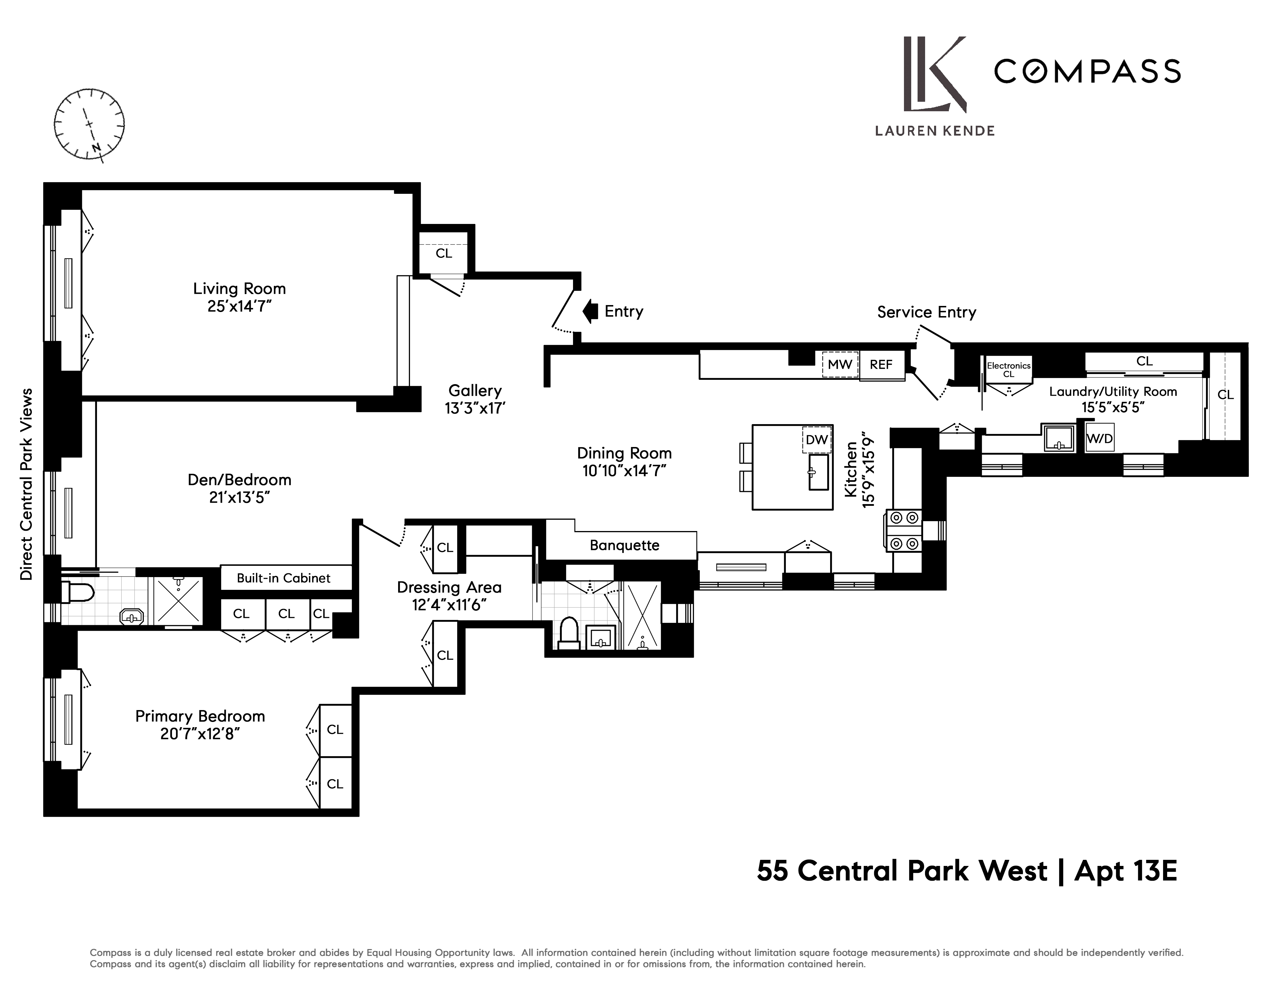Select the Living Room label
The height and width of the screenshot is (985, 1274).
pyautogui.click(x=239, y=289)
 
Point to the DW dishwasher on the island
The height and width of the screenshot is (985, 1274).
pyautogui.click(x=817, y=440)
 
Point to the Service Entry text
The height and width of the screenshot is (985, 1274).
pyautogui.click(x=926, y=312)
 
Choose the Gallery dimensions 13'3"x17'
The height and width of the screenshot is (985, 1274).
pyautogui.click(x=475, y=408)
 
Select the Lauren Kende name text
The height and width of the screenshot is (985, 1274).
pyautogui.click(x=934, y=131)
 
